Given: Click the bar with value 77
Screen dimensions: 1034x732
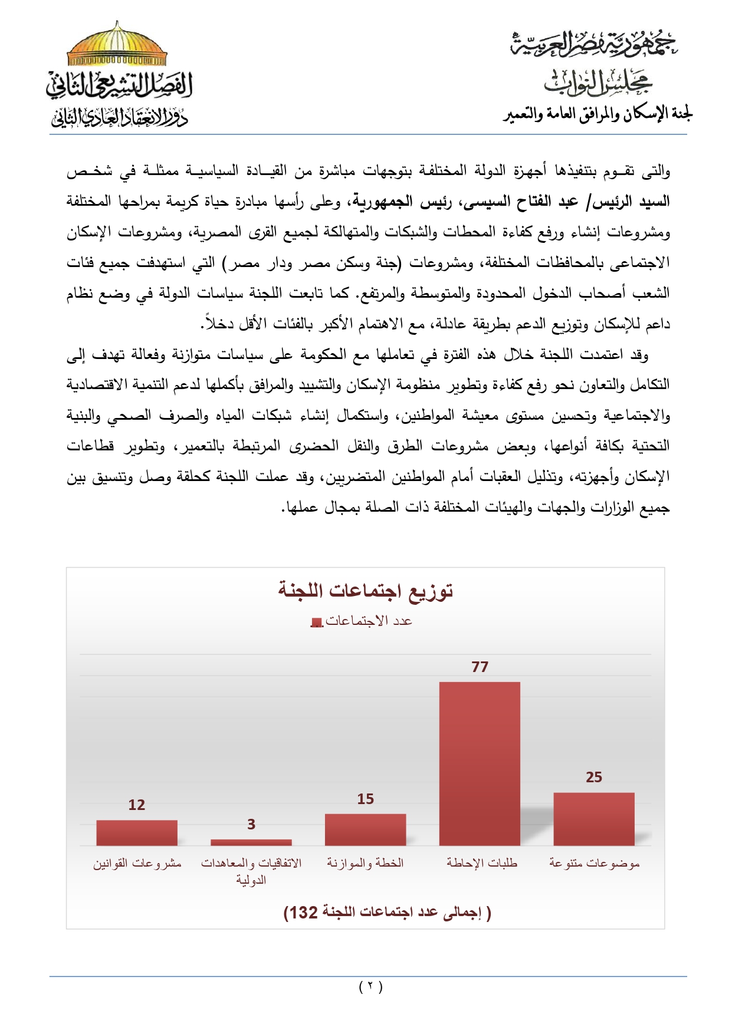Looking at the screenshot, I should (x=480, y=763).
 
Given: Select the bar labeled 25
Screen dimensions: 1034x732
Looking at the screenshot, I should (x=593, y=819).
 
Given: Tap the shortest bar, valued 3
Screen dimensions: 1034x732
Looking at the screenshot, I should (x=251, y=842).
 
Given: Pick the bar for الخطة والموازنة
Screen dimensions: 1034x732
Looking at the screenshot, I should (x=365, y=829).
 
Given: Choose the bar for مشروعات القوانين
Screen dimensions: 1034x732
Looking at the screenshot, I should (x=137, y=832).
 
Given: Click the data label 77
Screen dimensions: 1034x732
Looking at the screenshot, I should (x=480, y=667).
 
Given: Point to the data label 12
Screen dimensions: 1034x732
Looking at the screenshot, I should (x=137, y=805).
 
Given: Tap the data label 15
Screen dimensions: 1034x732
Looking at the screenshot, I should (x=365, y=799).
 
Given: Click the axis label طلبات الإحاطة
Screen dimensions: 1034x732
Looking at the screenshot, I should (x=481, y=863).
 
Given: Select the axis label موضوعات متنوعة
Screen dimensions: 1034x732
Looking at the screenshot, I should (x=594, y=863).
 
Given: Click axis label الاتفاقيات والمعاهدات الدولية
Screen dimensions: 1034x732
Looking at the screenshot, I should (x=251, y=871).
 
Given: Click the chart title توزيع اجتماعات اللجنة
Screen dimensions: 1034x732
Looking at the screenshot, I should (x=366, y=590).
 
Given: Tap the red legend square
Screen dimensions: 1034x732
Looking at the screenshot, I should (x=317, y=623).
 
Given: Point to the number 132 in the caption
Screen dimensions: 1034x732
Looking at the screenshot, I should (x=304, y=913).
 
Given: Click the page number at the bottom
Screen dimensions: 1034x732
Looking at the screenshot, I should (x=370, y=986).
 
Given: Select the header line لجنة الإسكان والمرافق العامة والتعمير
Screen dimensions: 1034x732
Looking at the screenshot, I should (x=598, y=114).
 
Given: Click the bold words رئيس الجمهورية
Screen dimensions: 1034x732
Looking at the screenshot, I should (x=402, y=202).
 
